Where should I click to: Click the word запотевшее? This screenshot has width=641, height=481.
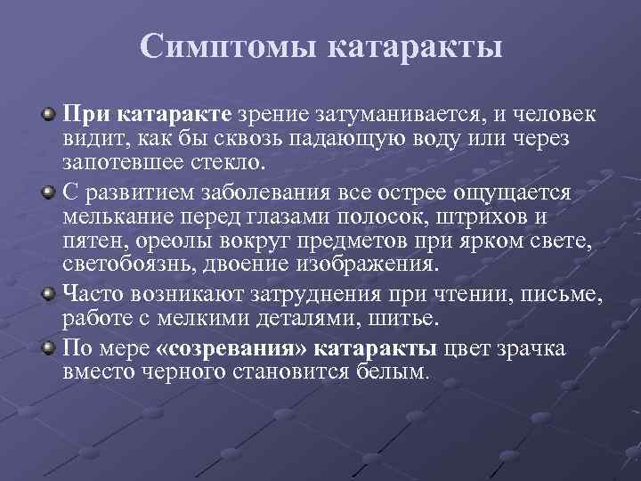pos(109,163)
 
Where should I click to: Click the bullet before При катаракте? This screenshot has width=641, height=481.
pos(48,116)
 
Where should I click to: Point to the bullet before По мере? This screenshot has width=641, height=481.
pos(48,347)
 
